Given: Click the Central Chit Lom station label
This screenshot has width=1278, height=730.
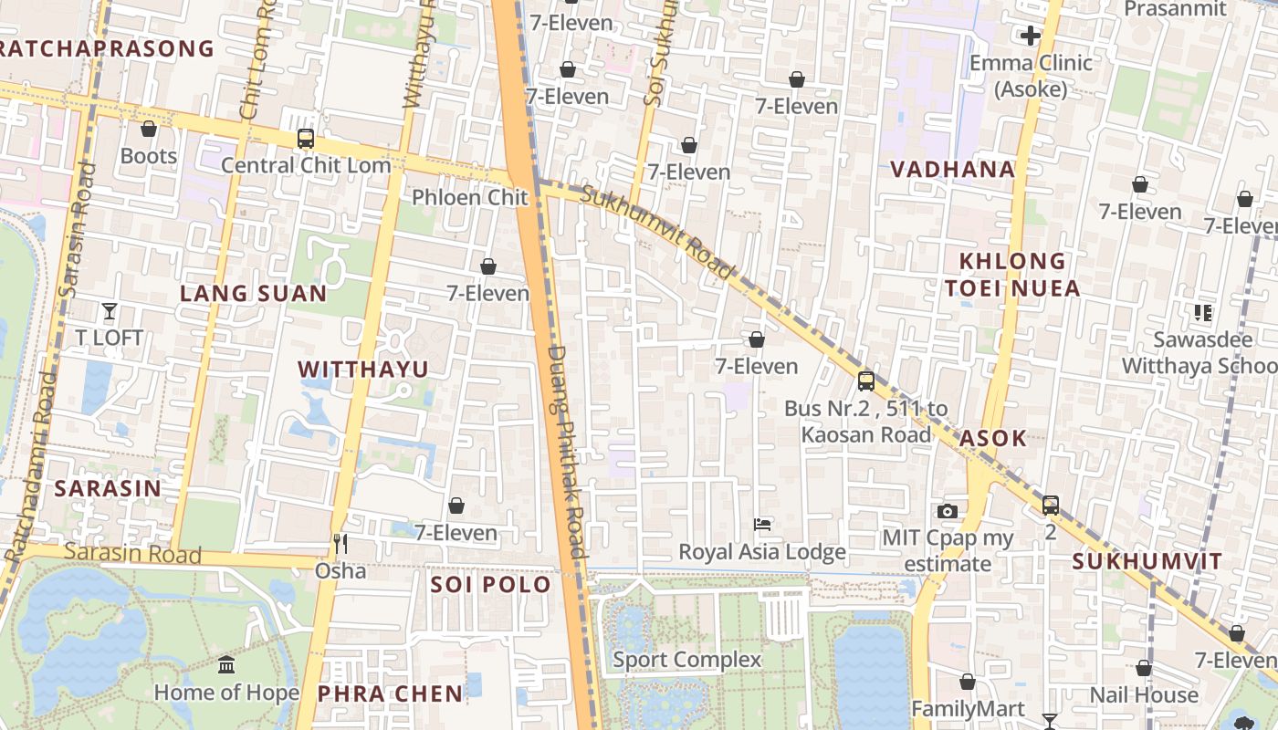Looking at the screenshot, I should (x=306, y=165).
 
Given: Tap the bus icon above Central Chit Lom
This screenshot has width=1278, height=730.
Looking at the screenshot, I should (x=306, y=139).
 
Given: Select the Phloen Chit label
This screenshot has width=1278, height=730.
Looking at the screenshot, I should (x=470, y=197).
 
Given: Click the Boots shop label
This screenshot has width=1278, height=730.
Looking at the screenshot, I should (x=149, y=156).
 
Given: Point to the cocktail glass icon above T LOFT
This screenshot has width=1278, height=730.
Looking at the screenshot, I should (x=110, y=311).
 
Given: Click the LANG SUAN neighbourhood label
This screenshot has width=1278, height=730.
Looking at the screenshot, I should (x=253, y=293).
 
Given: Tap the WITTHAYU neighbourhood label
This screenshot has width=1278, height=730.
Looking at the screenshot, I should (x=363, y=369).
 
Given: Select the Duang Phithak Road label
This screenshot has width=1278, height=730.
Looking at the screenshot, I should (x=566, y=452).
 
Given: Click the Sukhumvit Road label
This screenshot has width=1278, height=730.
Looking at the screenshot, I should (x=657, y=232).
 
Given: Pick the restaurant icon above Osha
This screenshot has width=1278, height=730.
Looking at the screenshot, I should (x=340, y=545).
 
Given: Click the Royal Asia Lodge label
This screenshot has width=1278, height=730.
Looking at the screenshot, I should (x=762, y=552).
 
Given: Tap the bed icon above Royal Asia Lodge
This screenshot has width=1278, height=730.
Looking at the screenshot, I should (x=762, y=525).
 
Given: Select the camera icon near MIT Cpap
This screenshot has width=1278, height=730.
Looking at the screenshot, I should (x=948, y=511).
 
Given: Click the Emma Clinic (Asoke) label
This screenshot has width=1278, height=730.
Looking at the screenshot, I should (x=1031, y=76).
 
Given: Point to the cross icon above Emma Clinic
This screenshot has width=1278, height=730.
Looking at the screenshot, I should (x=1031, y=36).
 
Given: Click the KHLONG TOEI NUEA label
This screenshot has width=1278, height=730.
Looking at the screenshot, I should (x=1012, y=275).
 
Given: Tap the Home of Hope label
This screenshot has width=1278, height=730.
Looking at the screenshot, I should (x=226, y=693).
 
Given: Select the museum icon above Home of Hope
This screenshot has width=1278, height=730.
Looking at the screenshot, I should (x=226, y=664).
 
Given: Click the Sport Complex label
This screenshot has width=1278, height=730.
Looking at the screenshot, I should (x=686, y=659).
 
